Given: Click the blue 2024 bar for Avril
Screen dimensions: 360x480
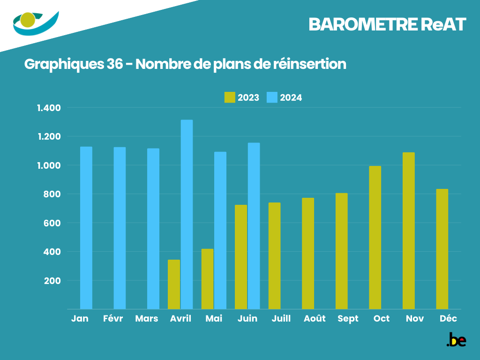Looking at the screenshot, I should (187, 214).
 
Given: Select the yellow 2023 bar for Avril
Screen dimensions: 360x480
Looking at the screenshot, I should (173, 284).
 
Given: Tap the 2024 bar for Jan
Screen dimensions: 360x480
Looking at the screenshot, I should (86, 228).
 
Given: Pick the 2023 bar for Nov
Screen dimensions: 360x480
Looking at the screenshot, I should (408, 231).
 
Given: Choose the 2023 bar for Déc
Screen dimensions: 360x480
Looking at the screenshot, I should (442, 249).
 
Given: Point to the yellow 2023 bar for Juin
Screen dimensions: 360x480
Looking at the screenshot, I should (240, 257).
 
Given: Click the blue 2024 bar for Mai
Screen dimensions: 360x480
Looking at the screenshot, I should (220, 230).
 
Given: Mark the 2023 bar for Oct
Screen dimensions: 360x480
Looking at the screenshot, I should (375, 237).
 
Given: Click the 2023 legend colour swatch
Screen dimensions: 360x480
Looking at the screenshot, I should (230, 97).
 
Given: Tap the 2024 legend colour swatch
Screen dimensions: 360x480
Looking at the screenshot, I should (272, 97).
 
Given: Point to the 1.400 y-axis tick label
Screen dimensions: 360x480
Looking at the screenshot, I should (49, 108).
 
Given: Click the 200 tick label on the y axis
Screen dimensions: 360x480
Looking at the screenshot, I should (53, 281).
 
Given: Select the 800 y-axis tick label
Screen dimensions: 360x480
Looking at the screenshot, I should (53, 195).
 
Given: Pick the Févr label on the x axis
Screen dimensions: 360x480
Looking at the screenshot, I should (113, 319).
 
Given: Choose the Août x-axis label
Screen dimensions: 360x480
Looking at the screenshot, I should (315, 319).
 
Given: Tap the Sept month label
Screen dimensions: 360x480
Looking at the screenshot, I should (348, 319).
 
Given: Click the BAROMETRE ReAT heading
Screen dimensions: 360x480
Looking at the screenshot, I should (387, 25).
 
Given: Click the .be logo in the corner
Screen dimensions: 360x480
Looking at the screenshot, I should (456, 340).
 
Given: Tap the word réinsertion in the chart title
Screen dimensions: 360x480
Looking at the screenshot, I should (309, 64).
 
